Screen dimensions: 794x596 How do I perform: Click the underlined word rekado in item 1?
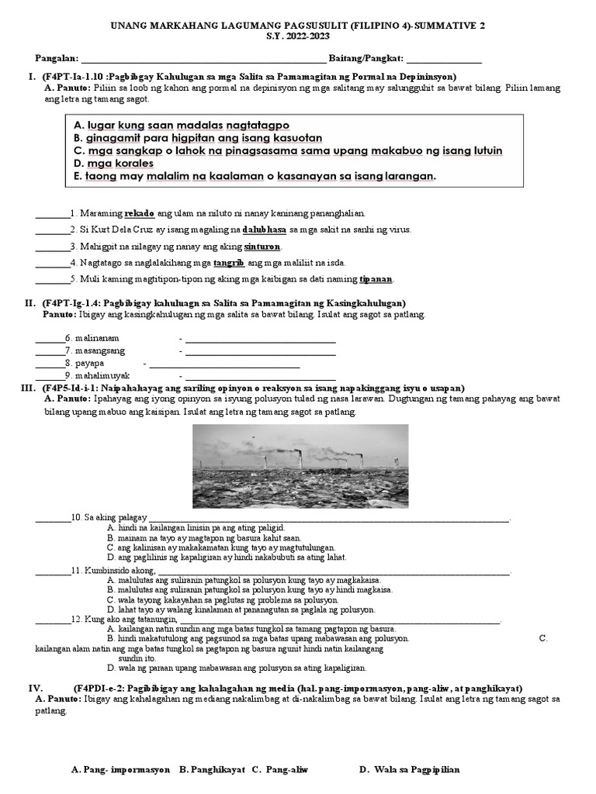click(139, 212)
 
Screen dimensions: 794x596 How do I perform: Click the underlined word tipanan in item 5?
click(376, 279)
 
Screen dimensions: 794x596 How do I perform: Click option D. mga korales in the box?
click(113, 164)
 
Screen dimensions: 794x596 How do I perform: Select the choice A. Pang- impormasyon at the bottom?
click(120, 769)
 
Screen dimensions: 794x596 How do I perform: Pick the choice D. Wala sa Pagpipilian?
click(410, 769)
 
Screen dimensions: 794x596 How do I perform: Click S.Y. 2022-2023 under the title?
click(298, 36)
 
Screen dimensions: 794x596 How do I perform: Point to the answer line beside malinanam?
click(260, 339)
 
